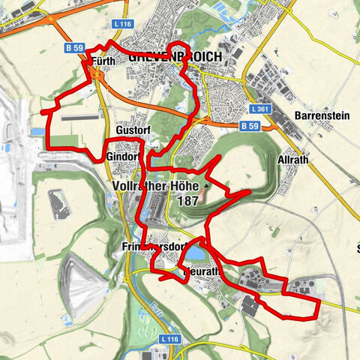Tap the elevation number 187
(x=190, y=201)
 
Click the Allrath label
(x=292, y=163)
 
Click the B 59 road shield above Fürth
(x=73, y=48)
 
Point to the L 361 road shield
(x=260, y=109)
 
